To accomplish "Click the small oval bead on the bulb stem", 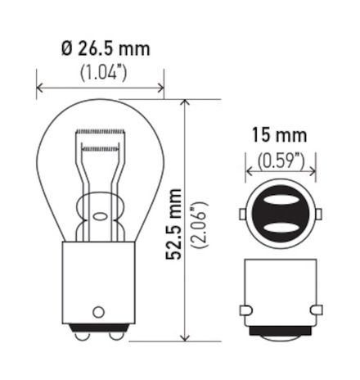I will click(x=101, y=217).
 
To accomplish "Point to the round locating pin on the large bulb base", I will click(x=100, y=311).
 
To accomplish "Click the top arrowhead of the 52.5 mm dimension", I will click(x=188, y=103).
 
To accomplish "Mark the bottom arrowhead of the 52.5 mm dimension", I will click(x=188, y=335).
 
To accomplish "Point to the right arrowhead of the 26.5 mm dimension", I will click(x=160, y=84).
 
